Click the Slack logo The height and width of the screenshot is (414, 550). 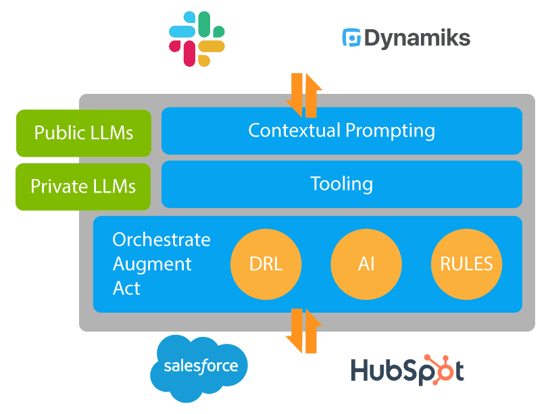197,38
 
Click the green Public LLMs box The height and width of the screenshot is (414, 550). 83,132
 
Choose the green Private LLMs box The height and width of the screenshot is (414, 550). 83,186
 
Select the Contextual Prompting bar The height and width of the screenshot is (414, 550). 341,130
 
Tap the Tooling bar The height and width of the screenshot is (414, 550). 341,184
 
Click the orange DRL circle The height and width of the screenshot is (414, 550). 266,264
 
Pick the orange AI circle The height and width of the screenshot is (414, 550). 366,264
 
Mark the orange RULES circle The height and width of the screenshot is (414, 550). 467,264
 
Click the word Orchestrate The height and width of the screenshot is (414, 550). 161,240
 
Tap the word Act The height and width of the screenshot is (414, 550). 126,288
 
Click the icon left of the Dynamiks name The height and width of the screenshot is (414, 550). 352,38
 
